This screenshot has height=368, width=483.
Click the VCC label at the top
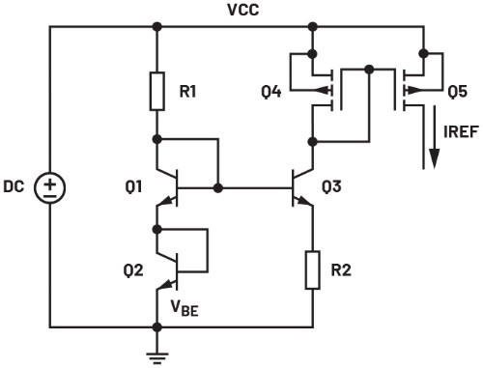click(242, 10)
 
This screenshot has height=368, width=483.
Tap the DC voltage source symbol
click(50, 187)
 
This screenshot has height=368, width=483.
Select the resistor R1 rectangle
click(157, 92)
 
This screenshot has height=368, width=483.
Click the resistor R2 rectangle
click(313, 269)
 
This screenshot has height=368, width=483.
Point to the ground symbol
click(157, 358)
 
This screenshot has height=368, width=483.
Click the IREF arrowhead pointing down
click(435, 158)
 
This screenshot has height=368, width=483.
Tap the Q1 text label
click(133, 186)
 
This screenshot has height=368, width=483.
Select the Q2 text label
click(133, 270)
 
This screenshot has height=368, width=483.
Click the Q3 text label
click(331, 186)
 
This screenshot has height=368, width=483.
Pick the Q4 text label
click(271, 92)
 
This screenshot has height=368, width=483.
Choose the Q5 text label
click(458, 92)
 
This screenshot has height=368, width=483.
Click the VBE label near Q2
click(185, 308)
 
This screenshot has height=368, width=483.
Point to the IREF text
click(461, 131)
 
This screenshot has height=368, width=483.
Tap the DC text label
click(14, 186)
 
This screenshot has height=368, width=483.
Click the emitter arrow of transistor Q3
click(303, 201)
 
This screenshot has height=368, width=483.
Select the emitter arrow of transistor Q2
click(166, 285)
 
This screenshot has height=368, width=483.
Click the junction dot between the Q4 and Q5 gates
click(369, 69)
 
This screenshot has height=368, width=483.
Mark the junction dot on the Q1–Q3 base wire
click(218, 188)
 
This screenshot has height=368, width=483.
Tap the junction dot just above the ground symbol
click(157, 327)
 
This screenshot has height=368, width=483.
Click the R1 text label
click(187, 92)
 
